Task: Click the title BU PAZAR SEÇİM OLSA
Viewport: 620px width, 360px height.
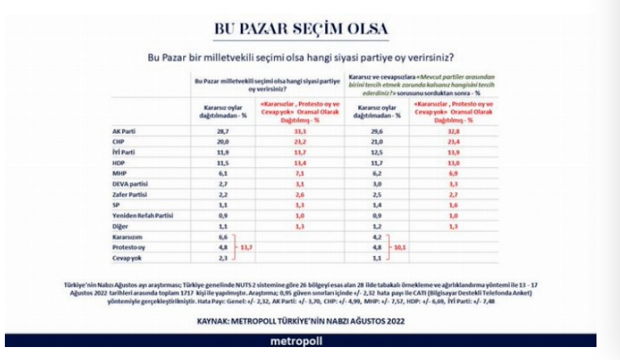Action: tap(300, 28)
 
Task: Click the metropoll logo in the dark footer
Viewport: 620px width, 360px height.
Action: tap(300, 341)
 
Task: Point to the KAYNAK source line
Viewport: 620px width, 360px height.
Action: tap(300, 320)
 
